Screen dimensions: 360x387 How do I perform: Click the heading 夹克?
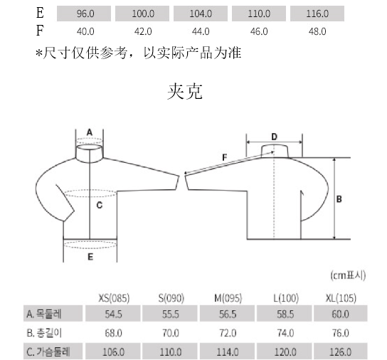(187, 92)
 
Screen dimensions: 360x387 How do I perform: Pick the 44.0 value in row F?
(201, 31)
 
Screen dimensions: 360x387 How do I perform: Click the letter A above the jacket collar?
(90, 132)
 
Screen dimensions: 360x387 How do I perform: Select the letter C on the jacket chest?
(100, 206)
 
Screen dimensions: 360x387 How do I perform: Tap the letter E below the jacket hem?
(90, 258)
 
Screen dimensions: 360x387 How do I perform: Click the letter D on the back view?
(274, 136)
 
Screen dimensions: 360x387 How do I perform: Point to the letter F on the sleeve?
(223, 156)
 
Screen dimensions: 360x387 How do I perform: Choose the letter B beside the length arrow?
(339, 199)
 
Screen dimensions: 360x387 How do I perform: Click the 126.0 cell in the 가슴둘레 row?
(340, 351)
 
